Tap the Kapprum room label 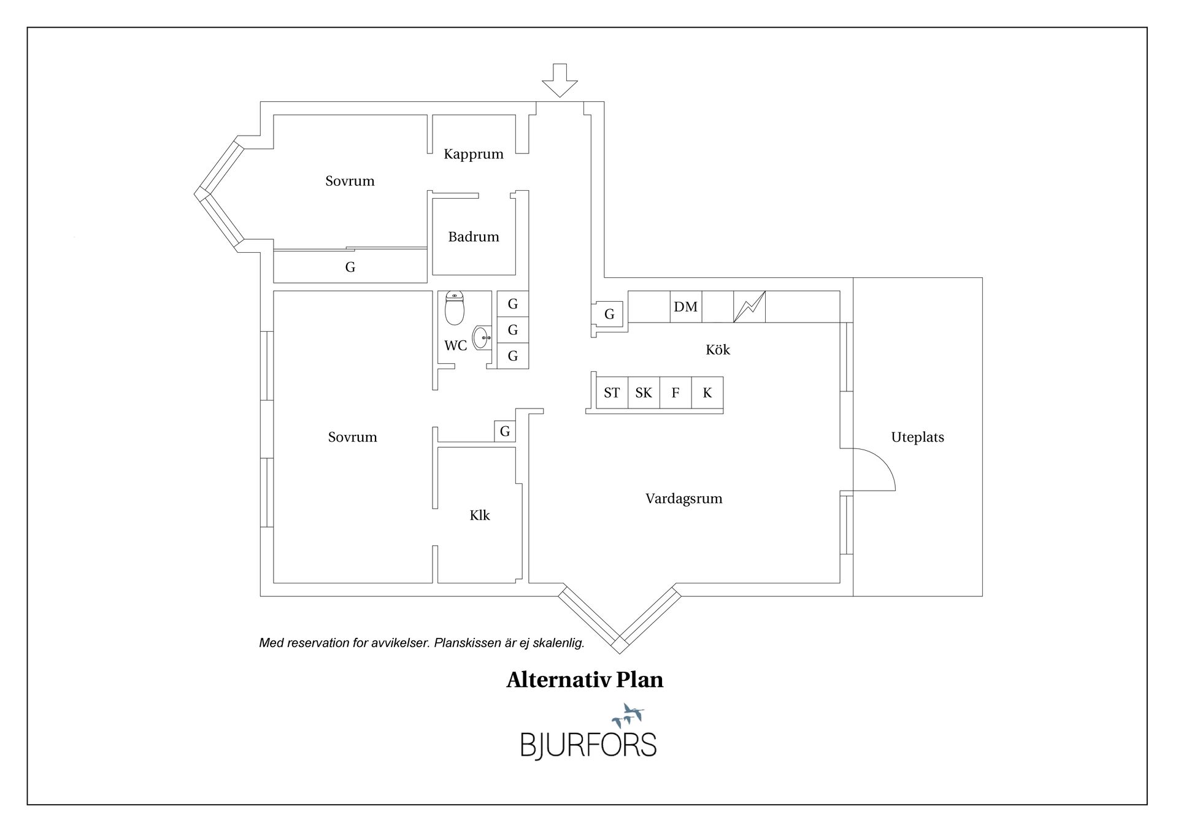click(473, 154)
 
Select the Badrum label click(473, 237)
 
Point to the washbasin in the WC click(482, 337)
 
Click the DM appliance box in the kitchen click(685, 307)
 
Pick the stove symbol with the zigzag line click(749, 307)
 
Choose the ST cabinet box click(612, 393)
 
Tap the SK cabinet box click(644, 393)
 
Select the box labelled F click(676, 393)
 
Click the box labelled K click(707, 393)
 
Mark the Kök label click(717, 350)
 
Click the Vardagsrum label click(683, 499)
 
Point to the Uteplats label click(917, 437)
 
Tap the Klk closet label click(479, 515)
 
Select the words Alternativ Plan click(584, 680)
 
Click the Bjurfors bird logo click(628, 715)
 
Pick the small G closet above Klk click(505, 431)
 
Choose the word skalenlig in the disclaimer click(558, 643)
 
